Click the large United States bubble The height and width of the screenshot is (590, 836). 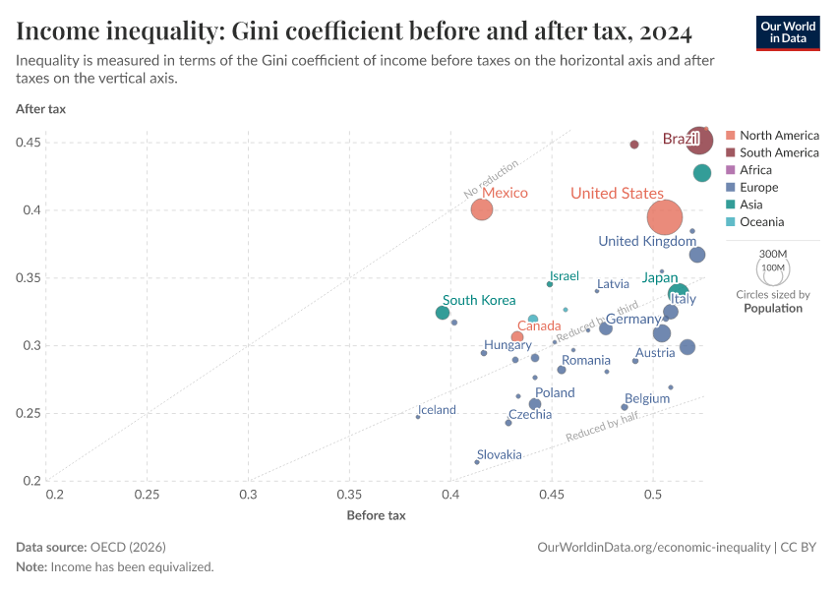[666, 216]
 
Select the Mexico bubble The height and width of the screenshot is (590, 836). [481, 209]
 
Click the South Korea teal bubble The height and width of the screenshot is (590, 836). [443, 313]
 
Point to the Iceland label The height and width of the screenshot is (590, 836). [437, 410]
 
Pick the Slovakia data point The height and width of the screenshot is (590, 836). [477, 462]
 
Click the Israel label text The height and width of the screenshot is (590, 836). [565, 276]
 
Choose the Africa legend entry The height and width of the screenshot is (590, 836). [755, 170]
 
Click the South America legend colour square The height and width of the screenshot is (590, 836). [730, 152]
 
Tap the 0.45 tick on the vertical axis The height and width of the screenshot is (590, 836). [28, 143]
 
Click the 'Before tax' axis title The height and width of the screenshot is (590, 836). [376, 515]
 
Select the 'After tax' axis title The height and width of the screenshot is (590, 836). [40, 109]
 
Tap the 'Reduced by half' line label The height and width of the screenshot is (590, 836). [601, 431]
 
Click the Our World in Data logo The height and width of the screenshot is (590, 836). [788, 31]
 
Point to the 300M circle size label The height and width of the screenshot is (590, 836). [773, 253]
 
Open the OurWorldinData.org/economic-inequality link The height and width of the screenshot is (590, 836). [654, 547]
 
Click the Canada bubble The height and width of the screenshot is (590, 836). [517, 337]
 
